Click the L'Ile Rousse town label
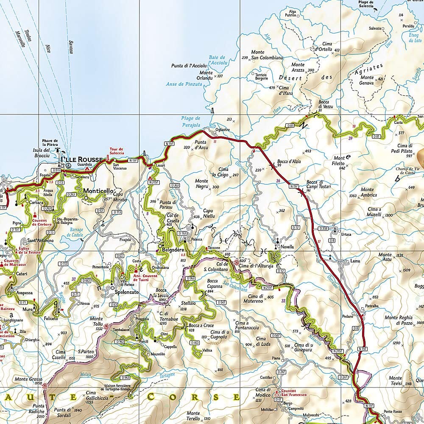81,159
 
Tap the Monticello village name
98,191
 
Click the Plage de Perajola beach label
190,121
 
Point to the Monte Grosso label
27,379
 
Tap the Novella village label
287,246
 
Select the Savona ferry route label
70,47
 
